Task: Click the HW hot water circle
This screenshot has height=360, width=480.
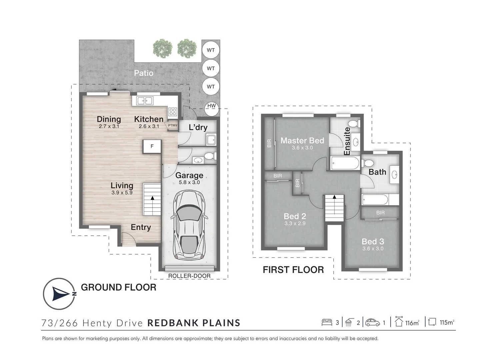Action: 211,109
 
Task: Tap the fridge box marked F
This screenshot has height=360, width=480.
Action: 152,146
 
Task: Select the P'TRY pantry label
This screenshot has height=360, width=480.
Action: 173,125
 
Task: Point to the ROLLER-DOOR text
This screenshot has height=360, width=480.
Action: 189,276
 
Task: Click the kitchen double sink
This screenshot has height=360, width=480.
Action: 145,101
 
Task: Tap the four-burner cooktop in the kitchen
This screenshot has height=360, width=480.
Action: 173,112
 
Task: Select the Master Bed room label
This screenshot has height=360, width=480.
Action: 302,141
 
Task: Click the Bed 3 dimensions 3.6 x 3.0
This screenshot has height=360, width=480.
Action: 373,249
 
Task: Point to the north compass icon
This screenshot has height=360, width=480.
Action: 59,294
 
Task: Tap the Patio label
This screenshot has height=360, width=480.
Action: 144,73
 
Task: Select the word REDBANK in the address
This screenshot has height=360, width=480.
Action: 172,323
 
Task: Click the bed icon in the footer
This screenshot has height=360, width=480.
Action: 327,323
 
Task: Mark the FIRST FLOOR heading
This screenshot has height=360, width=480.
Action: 293,270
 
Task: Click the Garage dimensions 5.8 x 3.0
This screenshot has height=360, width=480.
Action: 189,182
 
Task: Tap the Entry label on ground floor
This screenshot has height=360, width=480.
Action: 141,227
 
